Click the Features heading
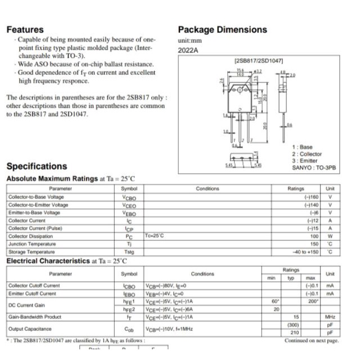pos(25,29)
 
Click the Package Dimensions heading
pos(222,29)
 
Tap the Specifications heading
pos(37,166)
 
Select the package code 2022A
pos(188,51)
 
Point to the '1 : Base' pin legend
pos(302,147)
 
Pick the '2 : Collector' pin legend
pos(307,154)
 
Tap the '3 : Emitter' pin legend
pos(304,160)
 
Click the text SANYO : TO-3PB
pos(314,168)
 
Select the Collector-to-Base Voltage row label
pos(36,197)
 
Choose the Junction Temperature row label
pos(32,244)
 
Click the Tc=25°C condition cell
pos(154,236)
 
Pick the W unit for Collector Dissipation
pos(330,236)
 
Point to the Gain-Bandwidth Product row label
pos(35,317)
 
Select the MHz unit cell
pos(330,317)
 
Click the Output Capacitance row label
pos(30,328)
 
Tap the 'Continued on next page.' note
pos(312,341)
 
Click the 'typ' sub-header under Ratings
pos(291,278)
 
